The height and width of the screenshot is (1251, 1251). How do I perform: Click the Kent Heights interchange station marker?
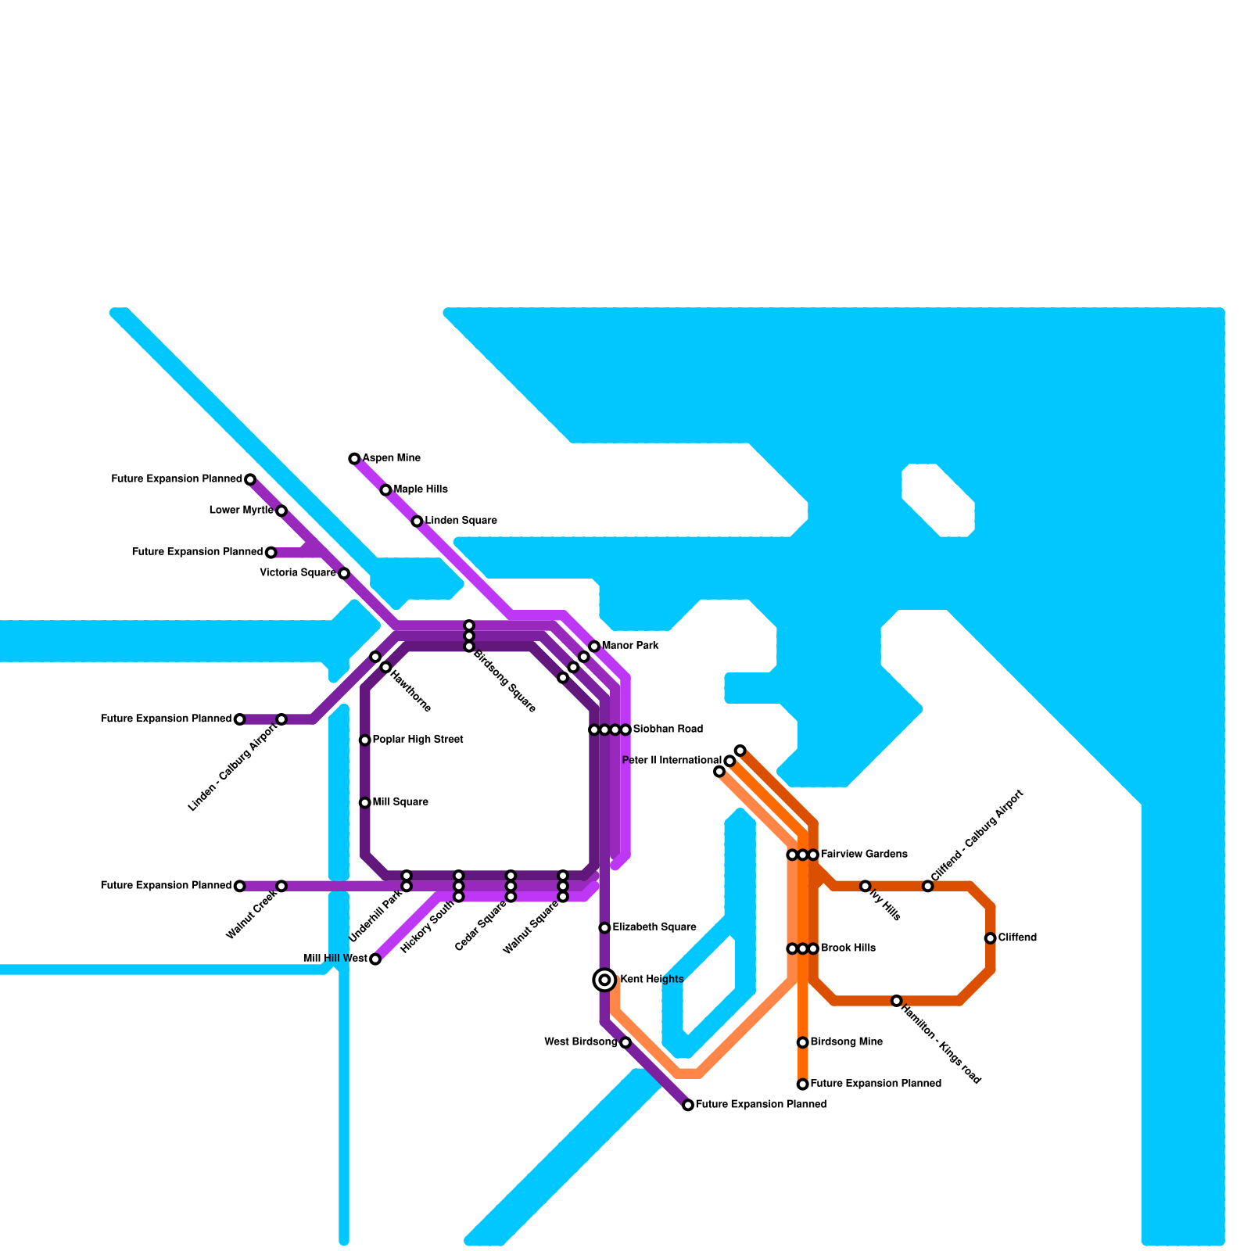(604, 980)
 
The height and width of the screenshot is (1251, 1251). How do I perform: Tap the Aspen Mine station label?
(391, 458)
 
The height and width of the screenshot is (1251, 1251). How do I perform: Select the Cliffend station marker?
(990, 938)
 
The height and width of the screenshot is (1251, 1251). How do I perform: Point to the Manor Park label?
(630, 646)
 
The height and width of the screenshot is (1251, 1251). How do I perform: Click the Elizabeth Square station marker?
(604, 928)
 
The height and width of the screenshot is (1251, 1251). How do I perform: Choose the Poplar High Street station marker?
(364, 740)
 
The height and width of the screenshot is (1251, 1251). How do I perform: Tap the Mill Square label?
(400, 802)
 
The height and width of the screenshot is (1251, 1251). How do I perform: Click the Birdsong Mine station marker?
(802, 1042)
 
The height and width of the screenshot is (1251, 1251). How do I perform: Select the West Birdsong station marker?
(625, 1042)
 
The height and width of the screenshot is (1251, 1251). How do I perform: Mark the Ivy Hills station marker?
(865, 886)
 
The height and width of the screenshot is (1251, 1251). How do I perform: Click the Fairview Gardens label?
(864, 855)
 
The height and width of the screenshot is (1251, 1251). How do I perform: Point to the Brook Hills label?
(848, 948)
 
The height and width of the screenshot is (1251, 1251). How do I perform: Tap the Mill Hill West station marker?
(375, 959)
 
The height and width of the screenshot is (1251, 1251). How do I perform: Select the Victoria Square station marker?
(343, 573)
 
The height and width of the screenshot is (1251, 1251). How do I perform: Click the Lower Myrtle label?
(242, 511)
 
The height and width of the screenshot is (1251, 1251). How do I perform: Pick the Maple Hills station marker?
(385, 490)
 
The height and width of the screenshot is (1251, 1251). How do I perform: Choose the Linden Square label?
(461, 521)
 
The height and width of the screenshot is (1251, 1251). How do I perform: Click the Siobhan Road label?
(668, 729)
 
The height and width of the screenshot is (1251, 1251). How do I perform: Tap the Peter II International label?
(672, 761)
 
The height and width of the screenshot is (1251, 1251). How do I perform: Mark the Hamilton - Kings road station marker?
(896, 1001)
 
